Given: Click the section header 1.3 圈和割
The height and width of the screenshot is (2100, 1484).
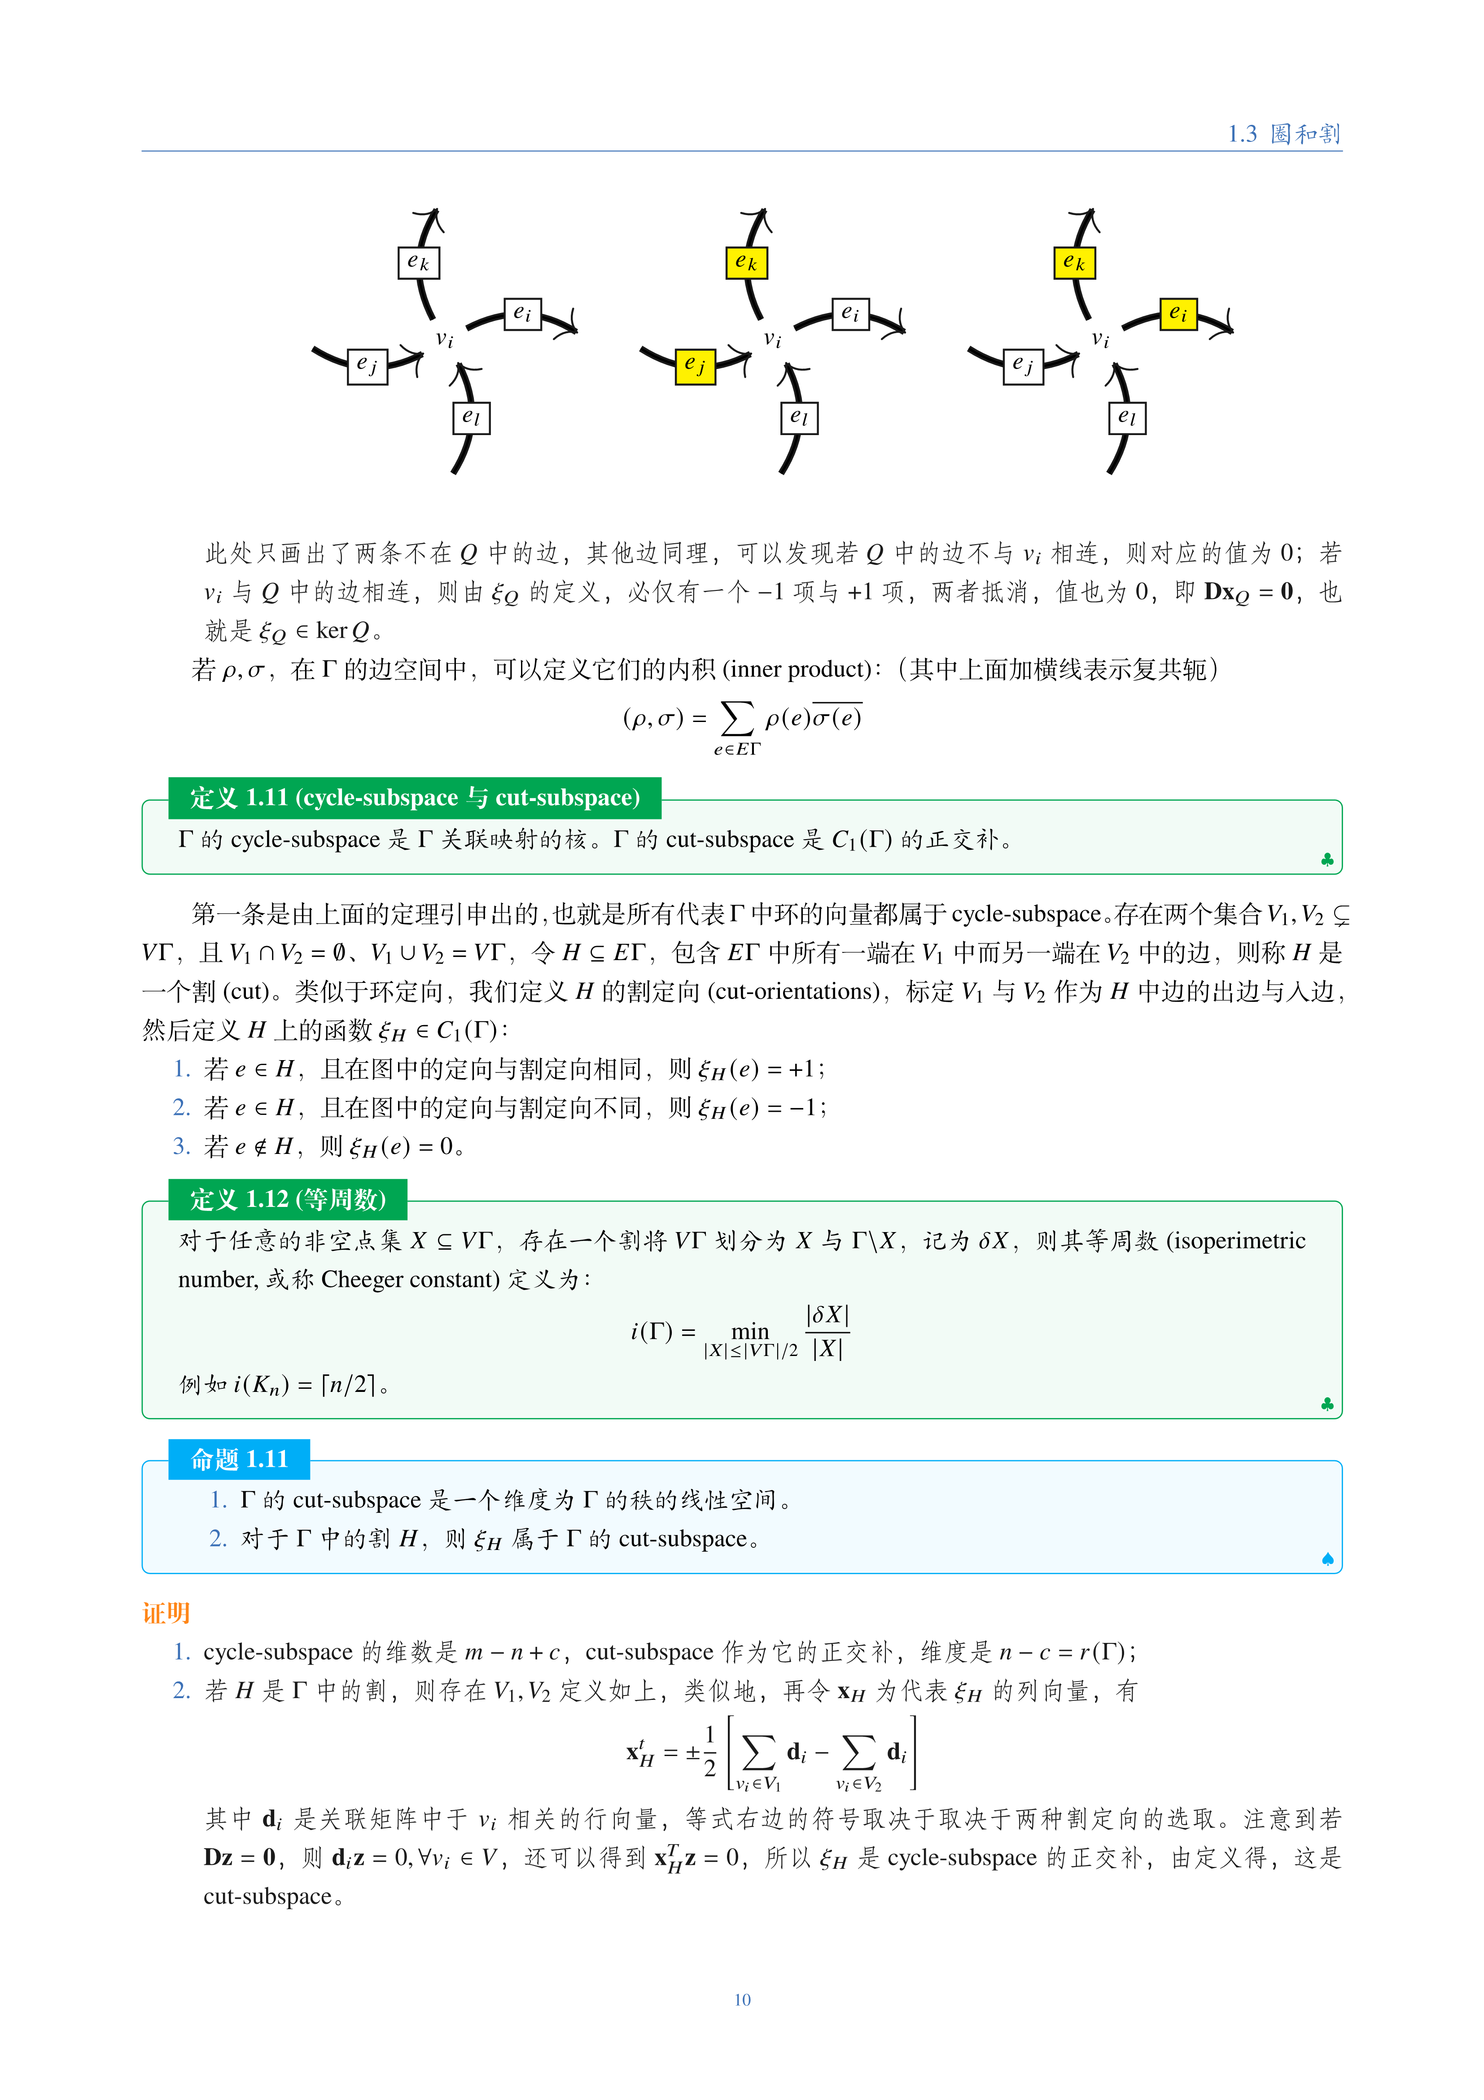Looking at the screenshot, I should click(1283, 133).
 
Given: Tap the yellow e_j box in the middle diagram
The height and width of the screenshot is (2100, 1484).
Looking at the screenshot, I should click(695, 366).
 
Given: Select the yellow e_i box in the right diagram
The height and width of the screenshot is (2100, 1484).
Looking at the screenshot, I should click(1178, 314).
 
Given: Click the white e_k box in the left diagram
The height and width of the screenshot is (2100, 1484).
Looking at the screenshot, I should click(419, 263).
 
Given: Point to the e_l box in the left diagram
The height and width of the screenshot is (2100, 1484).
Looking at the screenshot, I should click(471, 418).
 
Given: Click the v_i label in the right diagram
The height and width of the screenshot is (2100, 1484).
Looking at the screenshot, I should click(1101, 339).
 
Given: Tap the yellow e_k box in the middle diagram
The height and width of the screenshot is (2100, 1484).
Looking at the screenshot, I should click(746, 263).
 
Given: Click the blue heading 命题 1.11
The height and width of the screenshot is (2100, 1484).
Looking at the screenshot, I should click(239, 1459).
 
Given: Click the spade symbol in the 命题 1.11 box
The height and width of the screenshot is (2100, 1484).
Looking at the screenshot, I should click(1327, 1558).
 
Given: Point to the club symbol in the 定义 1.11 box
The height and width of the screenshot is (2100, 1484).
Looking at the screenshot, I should click(1327, 860).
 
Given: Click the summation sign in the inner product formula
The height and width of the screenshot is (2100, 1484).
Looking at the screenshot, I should click(737, 719).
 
